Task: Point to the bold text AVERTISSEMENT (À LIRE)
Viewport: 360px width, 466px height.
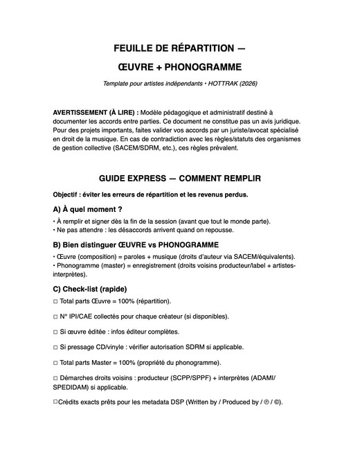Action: [x=95, y=111]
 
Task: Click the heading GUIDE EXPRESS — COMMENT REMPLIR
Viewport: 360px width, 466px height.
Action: [x=180, y=178]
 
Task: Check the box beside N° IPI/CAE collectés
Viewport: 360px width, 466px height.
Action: [x=55, y=316]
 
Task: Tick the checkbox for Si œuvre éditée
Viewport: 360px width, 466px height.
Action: [x=55, y=332]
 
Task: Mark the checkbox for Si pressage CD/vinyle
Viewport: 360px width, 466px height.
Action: [x=55, y=347]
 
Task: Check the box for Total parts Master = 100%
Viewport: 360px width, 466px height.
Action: [x=55, y=362]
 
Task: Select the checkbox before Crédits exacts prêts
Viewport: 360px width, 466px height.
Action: [x=55, y=402]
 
